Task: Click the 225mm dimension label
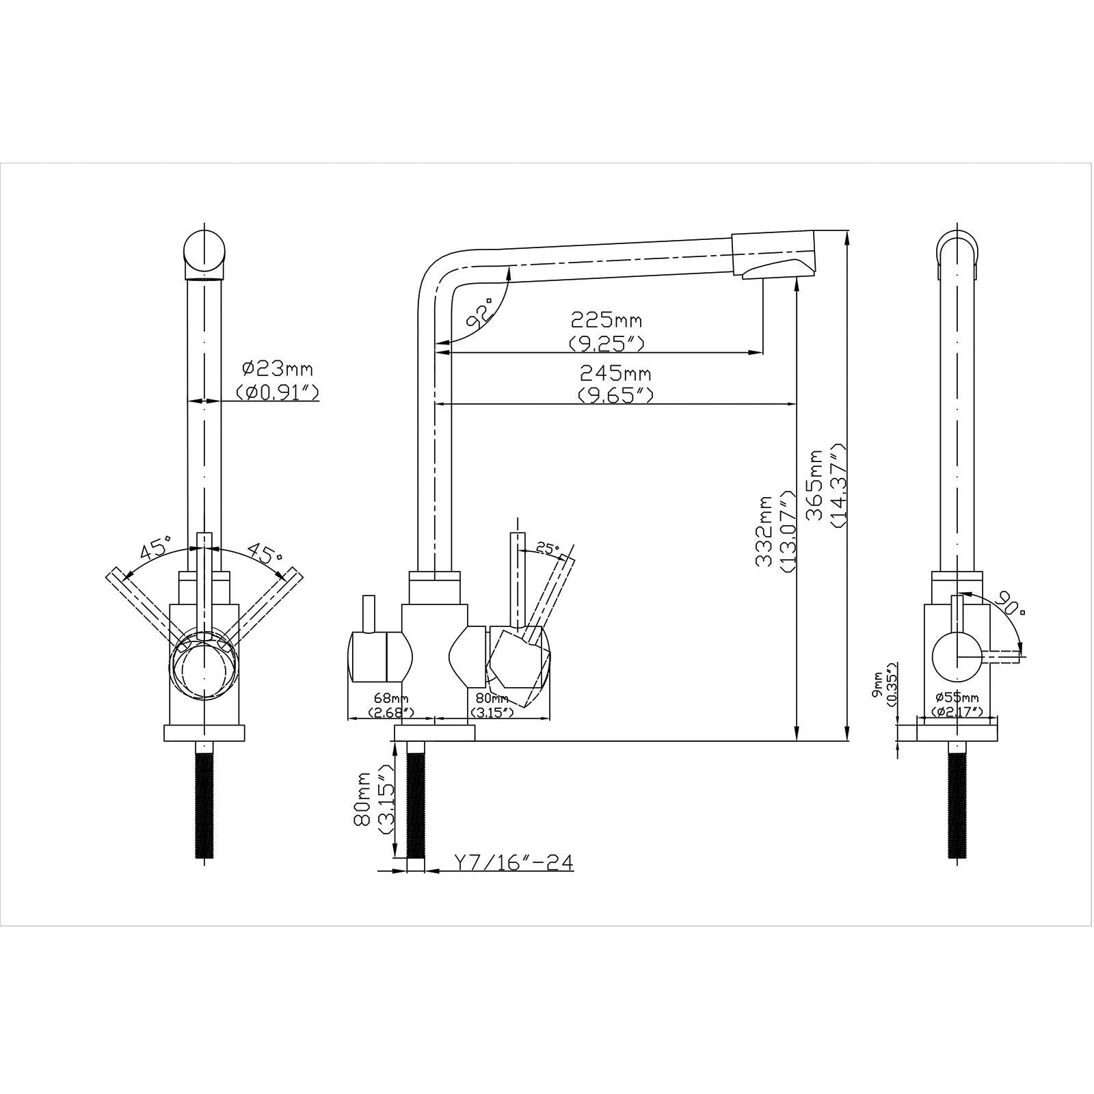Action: click(606, 320)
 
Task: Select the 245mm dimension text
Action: click(615, 374)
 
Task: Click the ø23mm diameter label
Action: click(278, 369)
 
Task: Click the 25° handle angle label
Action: click(548, 548)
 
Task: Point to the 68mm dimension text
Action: click(390, 698)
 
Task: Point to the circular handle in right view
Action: click(957, 656)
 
